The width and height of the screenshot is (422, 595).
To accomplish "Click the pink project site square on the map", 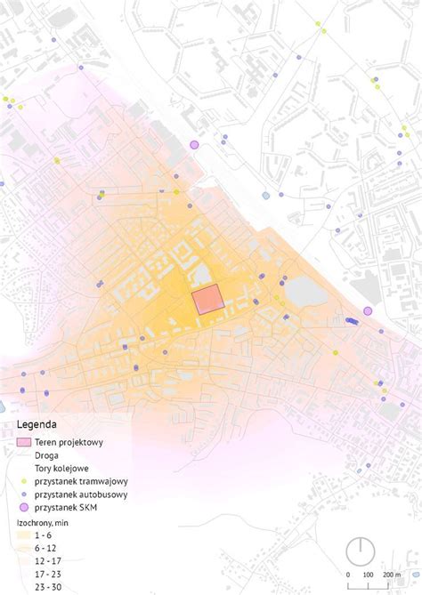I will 209,300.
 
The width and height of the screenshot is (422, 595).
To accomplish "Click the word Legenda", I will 37,424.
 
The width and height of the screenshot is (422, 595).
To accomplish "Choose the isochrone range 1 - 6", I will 43,536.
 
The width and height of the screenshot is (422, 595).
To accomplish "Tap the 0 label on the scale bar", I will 348,575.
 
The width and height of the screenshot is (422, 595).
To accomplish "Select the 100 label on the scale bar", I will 368,575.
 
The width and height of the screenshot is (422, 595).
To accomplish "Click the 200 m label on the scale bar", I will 392,575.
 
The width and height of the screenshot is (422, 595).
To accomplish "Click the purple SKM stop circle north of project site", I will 194,144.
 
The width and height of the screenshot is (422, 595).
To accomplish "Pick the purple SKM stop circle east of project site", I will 368,311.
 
